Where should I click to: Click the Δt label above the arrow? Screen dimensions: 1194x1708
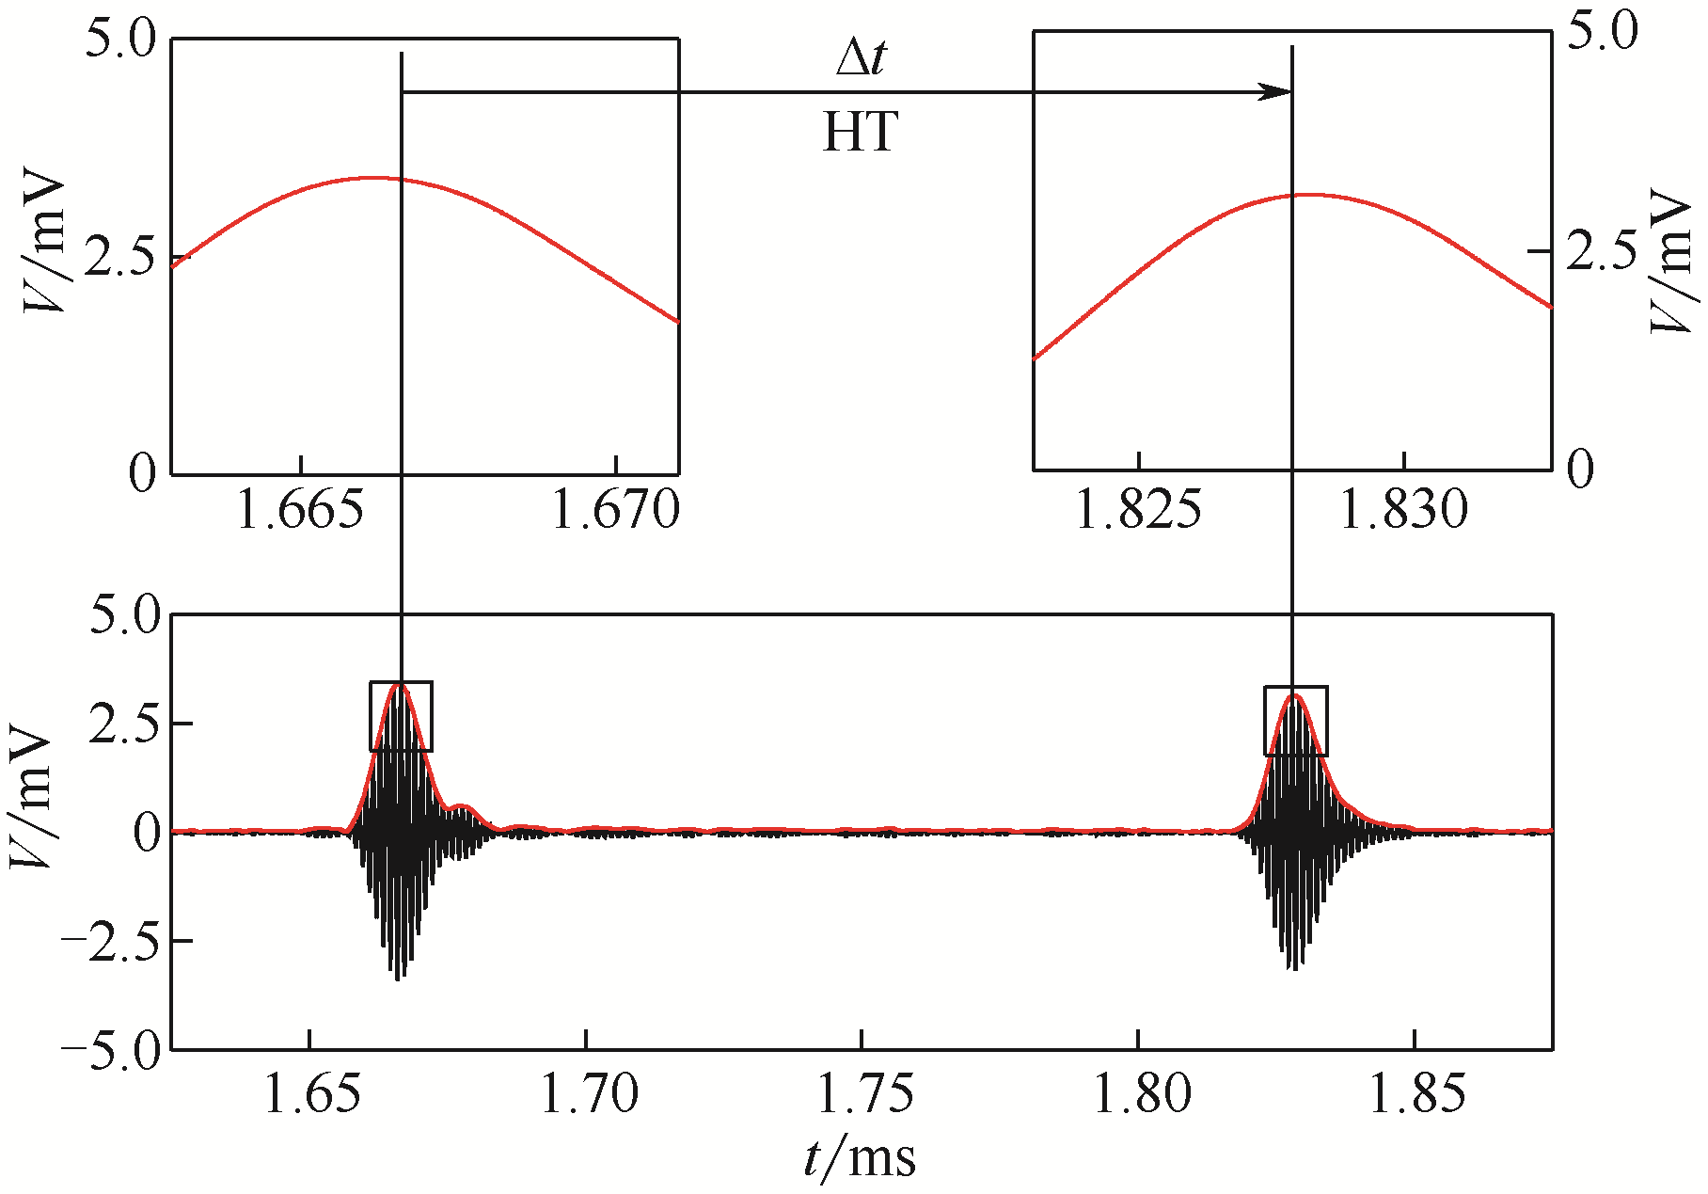pyautogui.click(x=861, y=59)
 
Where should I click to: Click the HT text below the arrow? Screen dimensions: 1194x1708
pyautogui.click(x=861, y=133)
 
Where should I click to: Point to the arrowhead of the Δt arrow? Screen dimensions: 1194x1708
pyautogui.click(x=1277, y=92)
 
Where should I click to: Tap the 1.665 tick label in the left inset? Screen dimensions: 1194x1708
pyautogui.click(x=300, y=511)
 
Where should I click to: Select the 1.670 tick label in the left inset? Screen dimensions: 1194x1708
pyautogui.click(x=615, y=511)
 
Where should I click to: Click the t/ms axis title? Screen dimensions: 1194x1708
pyautogui.click(x=860, y=1157)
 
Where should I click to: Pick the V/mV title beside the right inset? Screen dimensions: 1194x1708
pyautogui.click(x=1674, y=261)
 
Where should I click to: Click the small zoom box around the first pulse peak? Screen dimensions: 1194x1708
pyautogui.click(x=402, y=716)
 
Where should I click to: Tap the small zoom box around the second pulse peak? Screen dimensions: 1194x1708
pyautogui.click(x=1296, y=721)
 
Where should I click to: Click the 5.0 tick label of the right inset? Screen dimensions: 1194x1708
pyautogui.click(x=1604, y=31)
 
